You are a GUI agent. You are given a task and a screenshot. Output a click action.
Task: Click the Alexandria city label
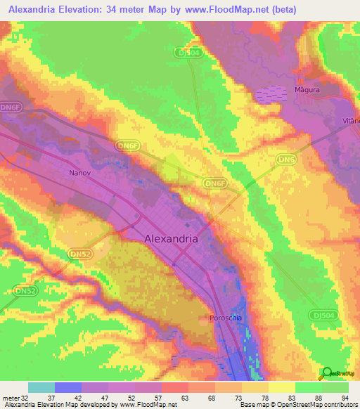coord(171,238)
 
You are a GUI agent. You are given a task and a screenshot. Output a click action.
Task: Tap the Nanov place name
coord(80,172)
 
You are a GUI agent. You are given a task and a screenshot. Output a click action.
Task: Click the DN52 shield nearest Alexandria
coord(82,252)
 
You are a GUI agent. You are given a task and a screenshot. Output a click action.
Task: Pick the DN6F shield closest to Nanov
coord(127,145)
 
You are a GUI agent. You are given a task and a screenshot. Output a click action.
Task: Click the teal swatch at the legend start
coord(41,387)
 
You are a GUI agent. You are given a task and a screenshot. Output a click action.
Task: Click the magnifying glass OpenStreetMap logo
coord(328,373)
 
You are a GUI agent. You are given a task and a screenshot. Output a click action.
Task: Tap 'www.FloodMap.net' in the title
coord(227,10)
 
